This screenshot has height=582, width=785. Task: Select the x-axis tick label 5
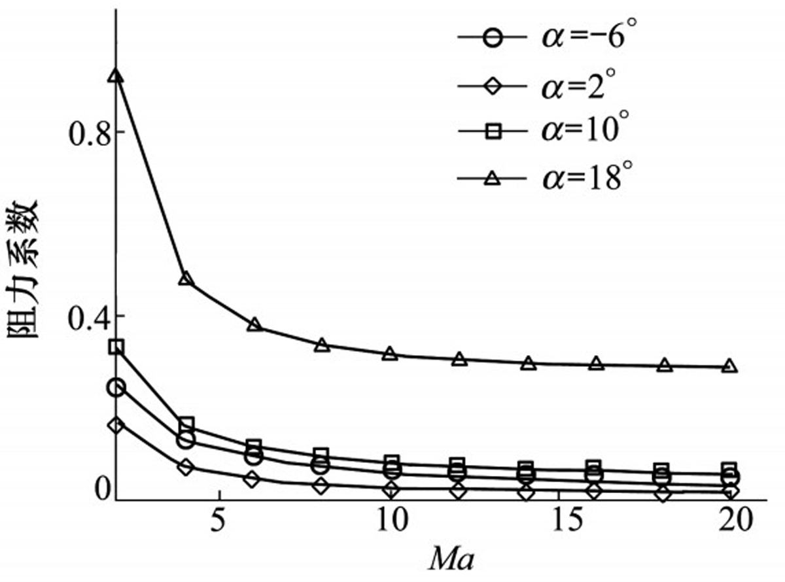coord(220,521)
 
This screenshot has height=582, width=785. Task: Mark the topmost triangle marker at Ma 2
coord(116,77)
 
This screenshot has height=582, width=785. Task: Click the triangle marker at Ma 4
coord(186,279)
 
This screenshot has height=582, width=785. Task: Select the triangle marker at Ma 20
coord(730,366)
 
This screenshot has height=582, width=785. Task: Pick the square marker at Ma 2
coord(116,347)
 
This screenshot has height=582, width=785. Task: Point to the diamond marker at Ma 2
coord(116,426)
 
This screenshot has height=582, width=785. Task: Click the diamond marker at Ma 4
coord(186,467)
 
